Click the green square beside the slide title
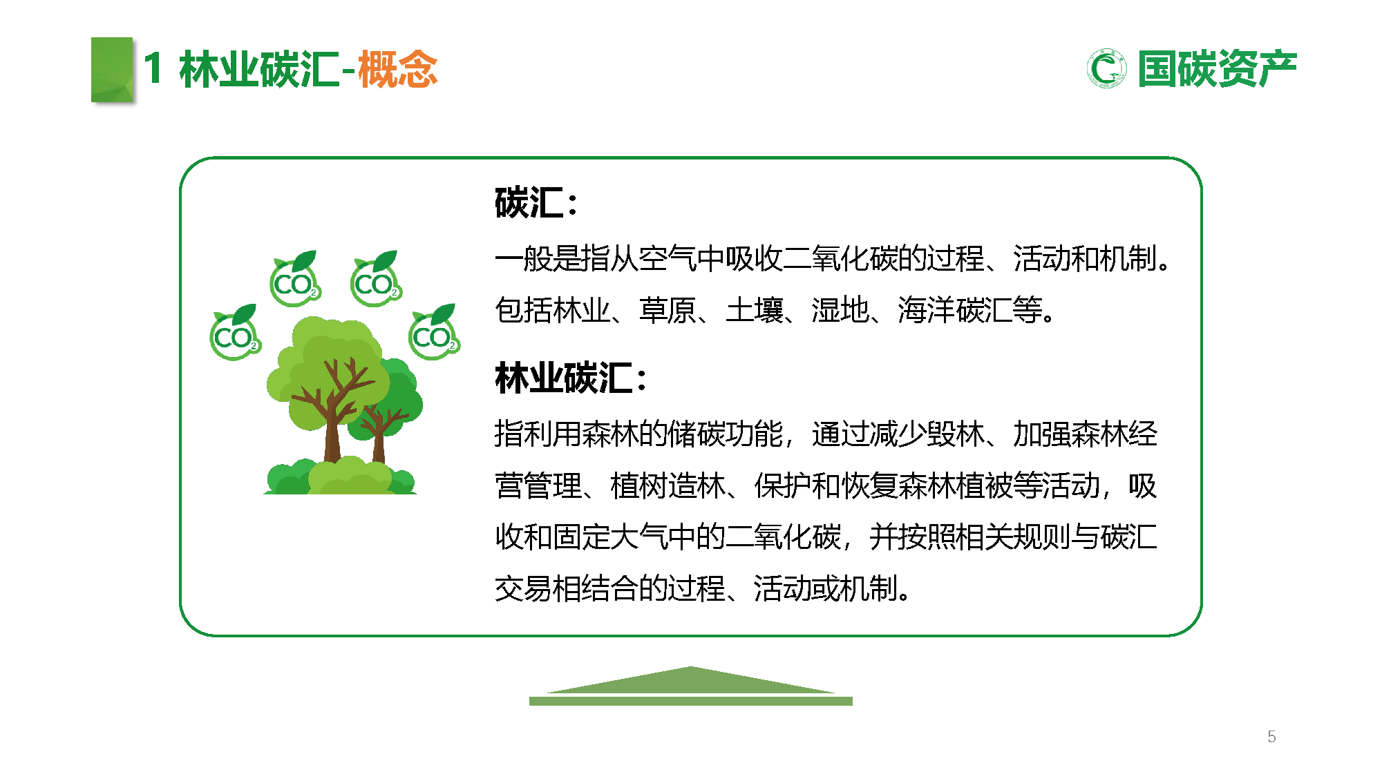click(112, 70)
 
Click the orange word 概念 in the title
click(398, 69)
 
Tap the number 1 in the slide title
click(153, 69)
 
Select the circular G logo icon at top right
click(1106, 69)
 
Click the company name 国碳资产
click(1217, 69)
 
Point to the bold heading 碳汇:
click(536, 203)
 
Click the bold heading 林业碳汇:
click(570, 378)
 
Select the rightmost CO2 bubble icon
click(434, 333)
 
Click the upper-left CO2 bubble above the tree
click(295, 280)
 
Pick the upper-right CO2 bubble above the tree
click(376, 280)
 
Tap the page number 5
click(1271, 737)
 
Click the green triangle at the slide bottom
click(691, 680)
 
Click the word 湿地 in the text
click(840, 310)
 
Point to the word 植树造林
click(668, 485)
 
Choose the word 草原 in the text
click(668, 310)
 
